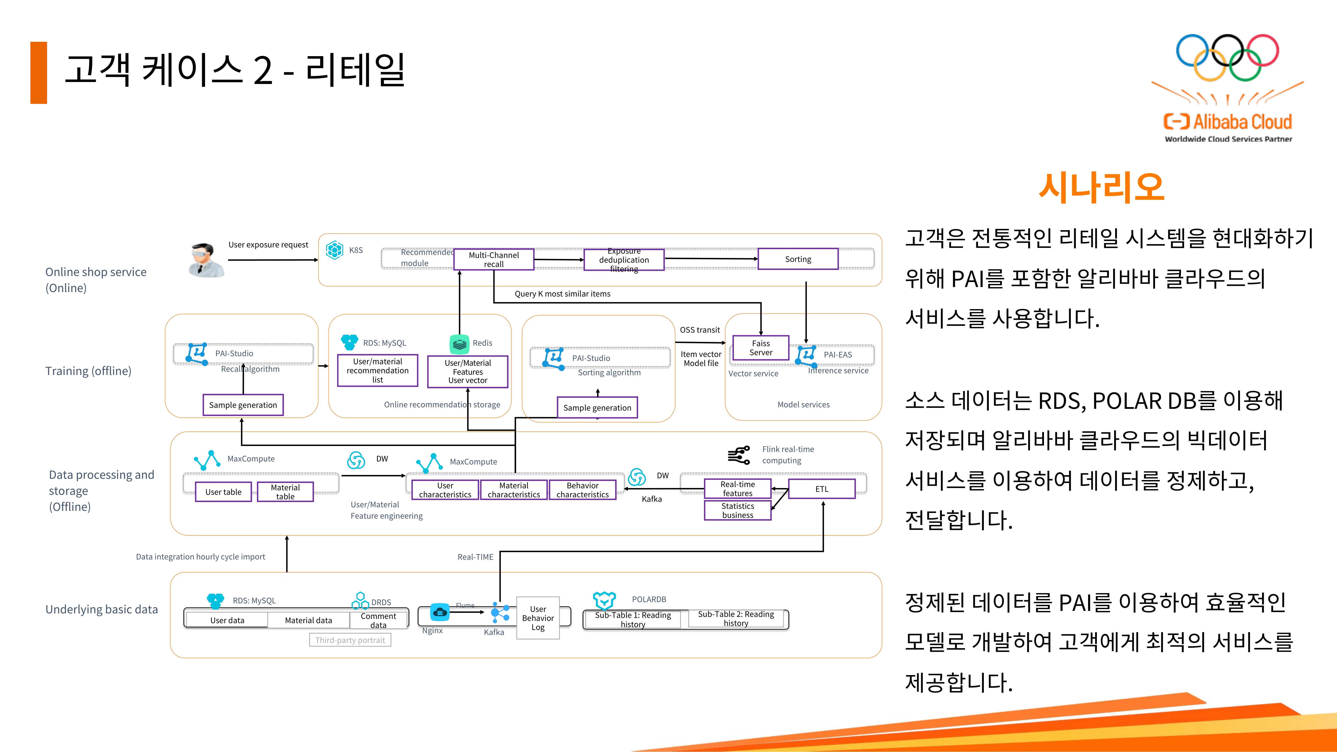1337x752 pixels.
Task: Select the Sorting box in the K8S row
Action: tap(798, 259)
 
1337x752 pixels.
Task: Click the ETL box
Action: tap(822, 489)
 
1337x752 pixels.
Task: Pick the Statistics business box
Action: tap(737, 510)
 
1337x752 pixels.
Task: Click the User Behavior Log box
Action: tap(538, 618)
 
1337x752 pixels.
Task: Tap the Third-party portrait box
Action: tap(350, 640)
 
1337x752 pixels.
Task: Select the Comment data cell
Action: tap(378, 620)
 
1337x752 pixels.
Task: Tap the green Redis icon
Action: tap(459, 344)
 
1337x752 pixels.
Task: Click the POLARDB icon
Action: tap(604, 600)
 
